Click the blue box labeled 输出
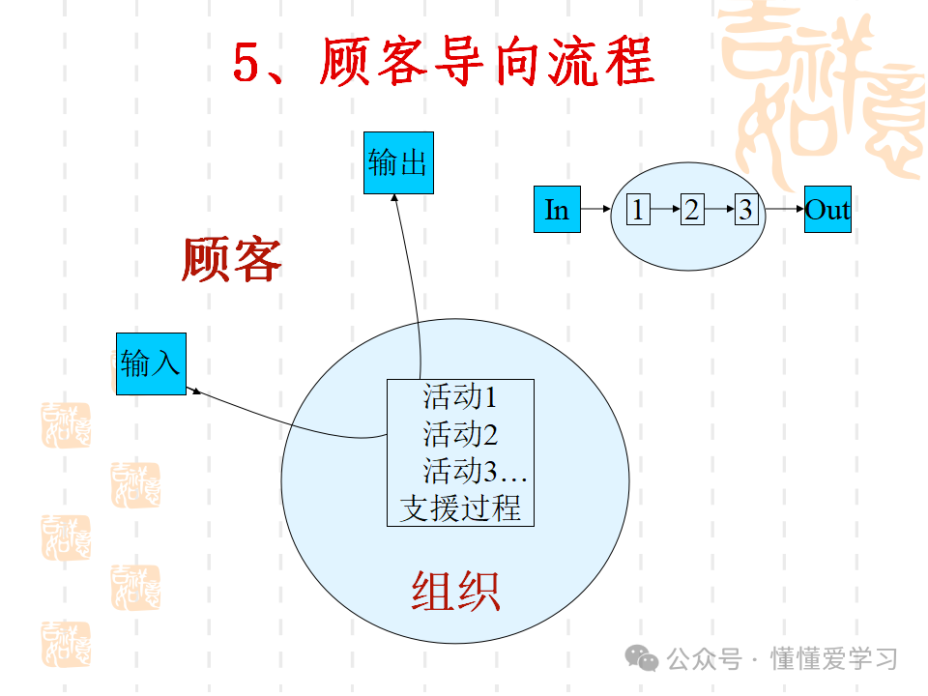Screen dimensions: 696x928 tap(398, 162)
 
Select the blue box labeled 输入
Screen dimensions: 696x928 tap(151, 363)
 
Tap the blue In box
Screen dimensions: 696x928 tap(557, 210)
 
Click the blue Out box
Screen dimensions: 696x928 tap(827, 210)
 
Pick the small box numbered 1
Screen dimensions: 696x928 tap(637, 210)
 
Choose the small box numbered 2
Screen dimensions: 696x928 tap(691, 210)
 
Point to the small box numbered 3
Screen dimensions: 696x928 tap(745, 210)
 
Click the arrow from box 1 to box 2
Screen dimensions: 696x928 tap(664, 210)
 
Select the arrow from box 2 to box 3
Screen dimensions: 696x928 tap(718, 210)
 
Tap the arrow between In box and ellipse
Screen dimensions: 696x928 tap(596, 209)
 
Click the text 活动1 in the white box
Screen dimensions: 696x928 tap(459, 396)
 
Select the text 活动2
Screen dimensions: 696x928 tap(459, 433)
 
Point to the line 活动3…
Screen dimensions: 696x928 tap(474, 471)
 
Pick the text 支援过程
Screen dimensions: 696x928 tap(460, 507)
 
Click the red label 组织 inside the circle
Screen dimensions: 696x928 tap(455, 591)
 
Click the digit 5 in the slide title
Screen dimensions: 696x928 tap(248, 64)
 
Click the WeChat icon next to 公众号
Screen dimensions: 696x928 tap(643, 658)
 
